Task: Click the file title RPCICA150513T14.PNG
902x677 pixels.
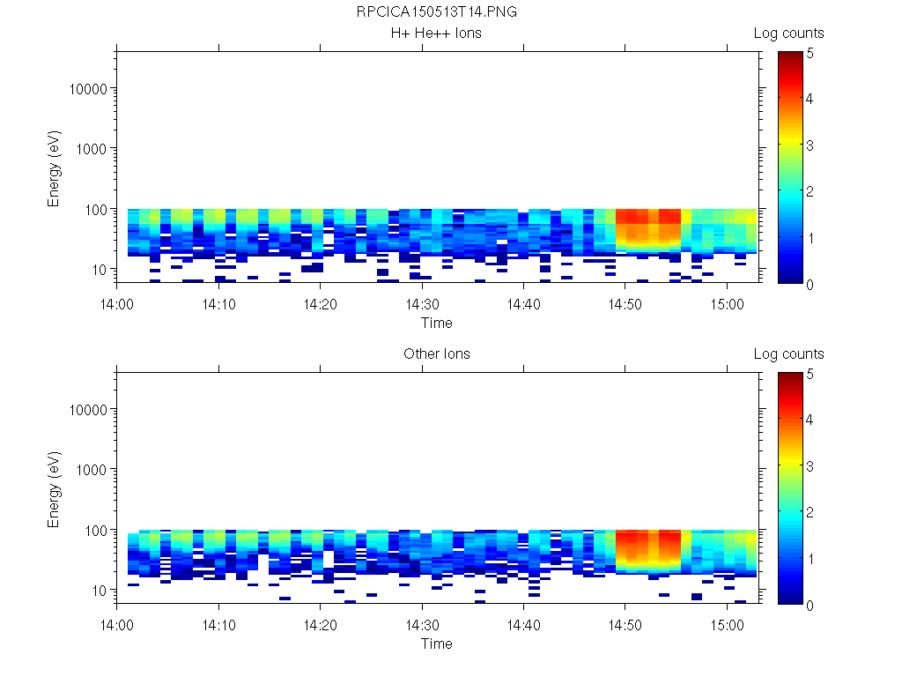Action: pyautogui.click(x=437, y=12)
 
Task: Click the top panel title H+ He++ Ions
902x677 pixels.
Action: pyautogui.click(x=437, y=33)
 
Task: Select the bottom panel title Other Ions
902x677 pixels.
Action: pyautogui.click(x=437, y=354)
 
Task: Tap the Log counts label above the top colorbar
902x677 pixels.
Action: pyautogui.click(x=788, y=33)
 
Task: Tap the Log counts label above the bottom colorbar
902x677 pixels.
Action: pyautogui.click(x=788, y=354)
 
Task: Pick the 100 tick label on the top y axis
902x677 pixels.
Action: pyautogui.click(x=93, y=209)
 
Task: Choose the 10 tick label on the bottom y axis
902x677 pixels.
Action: pyautogui.click(x=97, y=590)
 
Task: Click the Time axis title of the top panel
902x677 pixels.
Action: pyautogui.click(x=437, y=323)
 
